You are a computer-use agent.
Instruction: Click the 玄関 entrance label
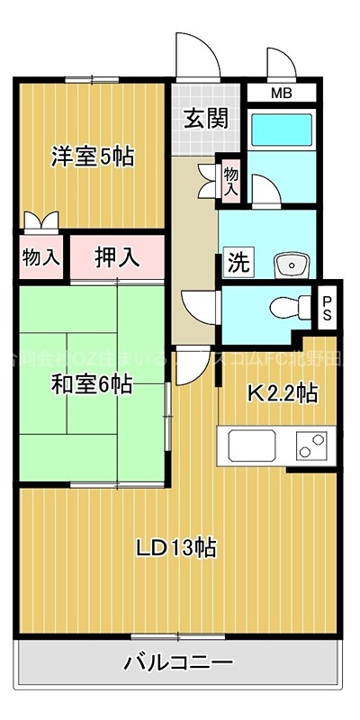[x=206, y=118]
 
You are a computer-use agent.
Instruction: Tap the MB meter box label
[x=281, y=92]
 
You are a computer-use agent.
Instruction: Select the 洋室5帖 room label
[x=92, y=157]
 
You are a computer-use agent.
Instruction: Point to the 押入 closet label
[x=118, y=256]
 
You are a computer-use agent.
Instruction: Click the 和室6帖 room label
[x=92, y=384]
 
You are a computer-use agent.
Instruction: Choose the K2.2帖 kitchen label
[x=282, y=392]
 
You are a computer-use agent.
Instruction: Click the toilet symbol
[x=285, y=307]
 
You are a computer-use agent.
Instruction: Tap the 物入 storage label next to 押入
[x=40, y=256]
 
